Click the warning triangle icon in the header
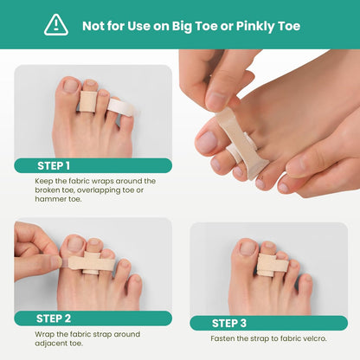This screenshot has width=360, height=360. (56, 24)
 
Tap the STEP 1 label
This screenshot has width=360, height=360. (55, 165)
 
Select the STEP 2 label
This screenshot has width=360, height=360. (55, 318)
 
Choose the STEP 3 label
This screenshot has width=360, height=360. (229, 323)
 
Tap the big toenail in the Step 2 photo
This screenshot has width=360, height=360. (74, 244)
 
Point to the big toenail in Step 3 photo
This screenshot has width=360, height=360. (247, 249)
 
